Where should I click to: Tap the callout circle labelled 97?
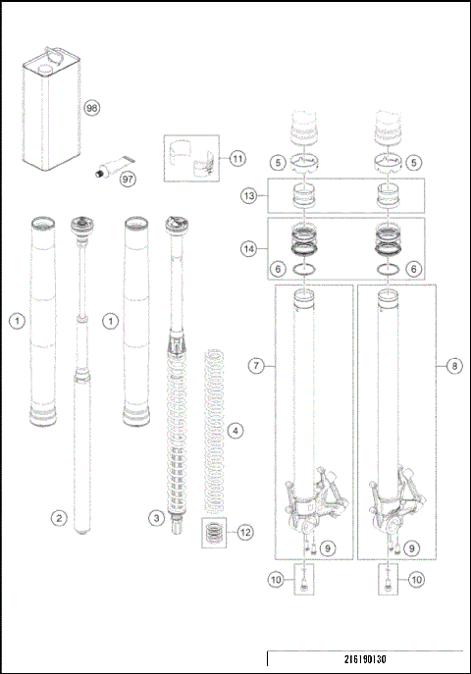point(127,179)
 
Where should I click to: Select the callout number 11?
point(238,158)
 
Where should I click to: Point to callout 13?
point(250,196)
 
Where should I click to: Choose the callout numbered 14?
point(250,249)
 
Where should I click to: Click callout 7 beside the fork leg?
point(254,366)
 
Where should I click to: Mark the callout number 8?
point(453,366)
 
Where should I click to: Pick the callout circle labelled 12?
point(244,533)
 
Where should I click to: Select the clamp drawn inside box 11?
point(193,159)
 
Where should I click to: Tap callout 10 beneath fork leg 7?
point(276,581)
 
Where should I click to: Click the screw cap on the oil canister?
point(43,70)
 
